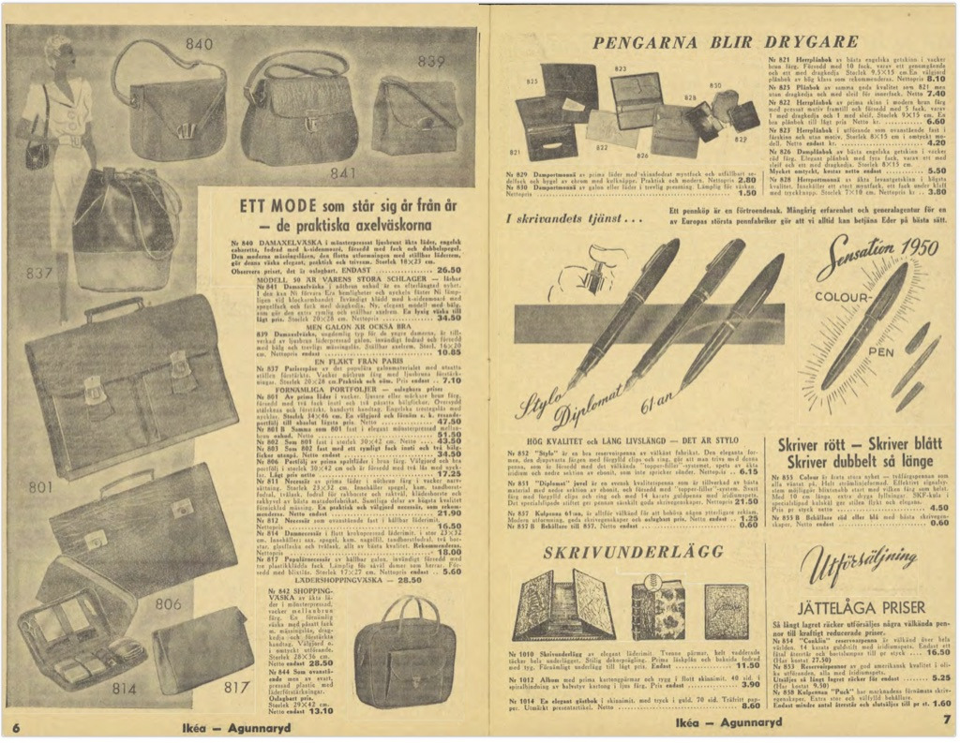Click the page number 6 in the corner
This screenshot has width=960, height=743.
click(x=17, y=727)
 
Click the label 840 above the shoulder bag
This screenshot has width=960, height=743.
click(x=199, y=44)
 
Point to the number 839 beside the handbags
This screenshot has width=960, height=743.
click(x=430, y=63)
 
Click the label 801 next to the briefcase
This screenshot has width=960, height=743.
click(x=40, y=487)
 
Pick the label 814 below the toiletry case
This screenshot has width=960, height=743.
click(x=124, y=689)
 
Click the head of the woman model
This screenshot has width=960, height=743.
click(x=59, y=52)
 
